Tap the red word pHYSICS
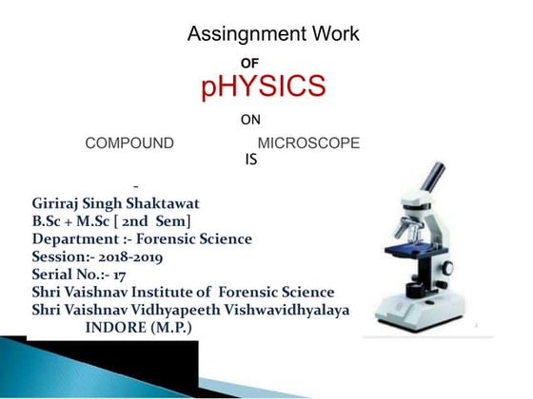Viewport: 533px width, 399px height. pos(264,86)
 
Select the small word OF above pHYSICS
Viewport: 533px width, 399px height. pos(250,62)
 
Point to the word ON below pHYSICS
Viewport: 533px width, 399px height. pos(250,121)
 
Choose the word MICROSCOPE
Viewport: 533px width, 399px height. pos(309,143)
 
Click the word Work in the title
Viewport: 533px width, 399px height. pos(333,35)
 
